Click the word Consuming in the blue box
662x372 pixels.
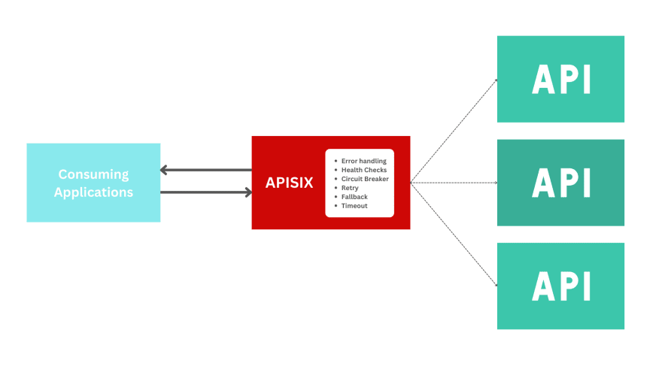click(93, 174)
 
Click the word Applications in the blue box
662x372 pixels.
click(93, 192)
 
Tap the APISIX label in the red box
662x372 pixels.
click(289, 183)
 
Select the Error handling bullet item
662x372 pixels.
click(363, 161)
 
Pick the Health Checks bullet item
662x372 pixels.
click(363, 170)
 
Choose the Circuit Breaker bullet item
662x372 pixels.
click(365, 179)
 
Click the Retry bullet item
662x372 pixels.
click(350, 188)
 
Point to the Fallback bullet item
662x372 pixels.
click(354, 197)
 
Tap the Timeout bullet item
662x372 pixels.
click(354, 206)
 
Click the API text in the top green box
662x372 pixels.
click(560, 79)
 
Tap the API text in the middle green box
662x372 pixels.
click(560, 183)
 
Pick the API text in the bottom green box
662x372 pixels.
click(560, 286)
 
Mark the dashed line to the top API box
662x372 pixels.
click(454, 130)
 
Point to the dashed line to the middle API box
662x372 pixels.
click(454, 183)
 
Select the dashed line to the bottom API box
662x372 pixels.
click(454, 234)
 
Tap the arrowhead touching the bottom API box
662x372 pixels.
click(496, 286)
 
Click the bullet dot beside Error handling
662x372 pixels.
click(335, 161)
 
